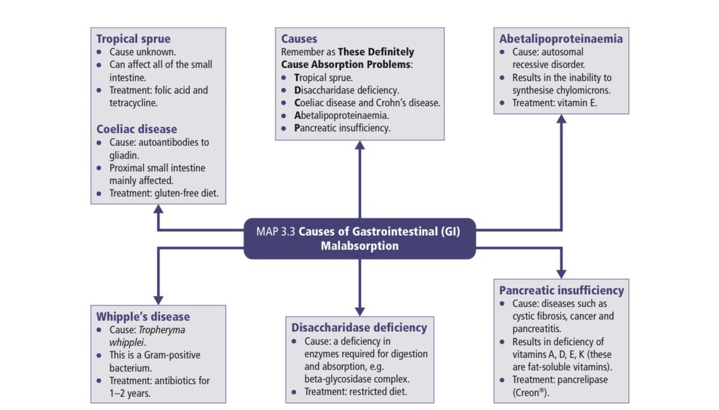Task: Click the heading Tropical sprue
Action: click(x=133, y=38)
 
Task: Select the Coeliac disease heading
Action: click(x=137, y=129)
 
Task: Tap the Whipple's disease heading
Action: click(x=143, y=316)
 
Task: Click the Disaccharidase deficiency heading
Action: click(x=359, y=327)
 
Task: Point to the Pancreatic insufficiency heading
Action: click(x=561, y=290)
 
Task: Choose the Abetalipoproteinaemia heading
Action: click(x=561, y=38)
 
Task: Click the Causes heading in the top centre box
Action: click(x=299, y=39)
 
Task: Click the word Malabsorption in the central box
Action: click(x=359, y=246)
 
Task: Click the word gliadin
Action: click(x=125, y=155)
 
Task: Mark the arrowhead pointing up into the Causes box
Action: click(x=360, y=146)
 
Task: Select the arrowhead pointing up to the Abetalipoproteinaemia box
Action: click(x=561, y=119)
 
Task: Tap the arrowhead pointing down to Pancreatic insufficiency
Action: click(x=561, y=272)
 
